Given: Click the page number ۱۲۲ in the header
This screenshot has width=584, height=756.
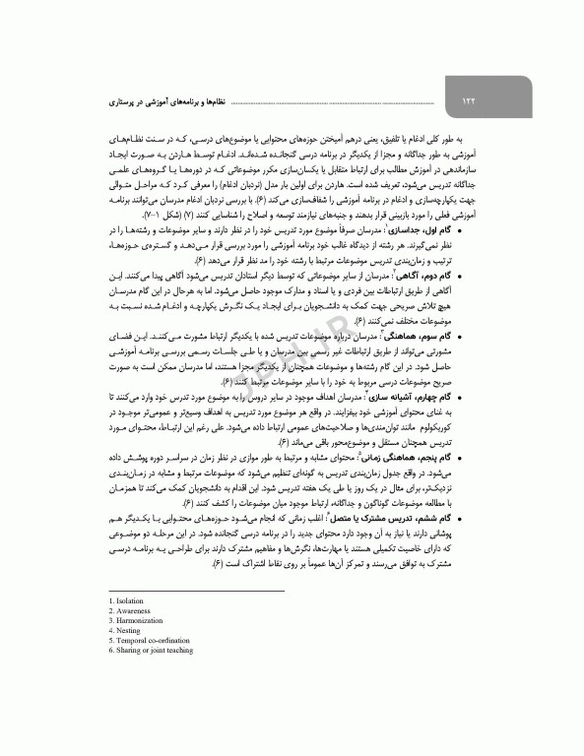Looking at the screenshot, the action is pyautogui.click(x=469, y=100).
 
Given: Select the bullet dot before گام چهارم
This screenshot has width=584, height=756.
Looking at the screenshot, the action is pyautogui.click(x=492, y=395).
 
